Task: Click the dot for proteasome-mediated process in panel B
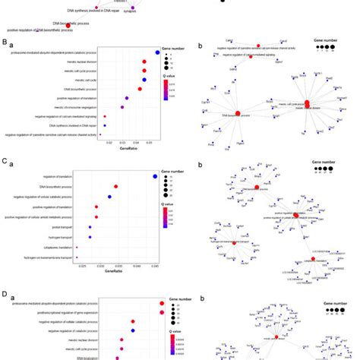point(156,53)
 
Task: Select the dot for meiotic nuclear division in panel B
point(145,62)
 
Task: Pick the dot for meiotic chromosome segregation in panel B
point(122,107)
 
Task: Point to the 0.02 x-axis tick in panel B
point(109,142)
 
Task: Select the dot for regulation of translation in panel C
point(155,177)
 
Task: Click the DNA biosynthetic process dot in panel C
point(115,186)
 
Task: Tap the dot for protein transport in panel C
point(96,226)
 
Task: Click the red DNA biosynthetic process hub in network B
point(236,112)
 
